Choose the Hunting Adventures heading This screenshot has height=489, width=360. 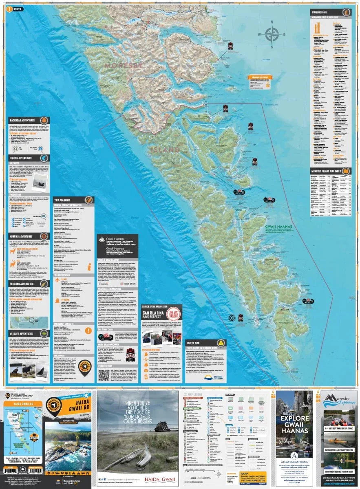point(23,236)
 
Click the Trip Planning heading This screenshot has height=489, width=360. point(63,200)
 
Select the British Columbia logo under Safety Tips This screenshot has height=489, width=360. point(212,377)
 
